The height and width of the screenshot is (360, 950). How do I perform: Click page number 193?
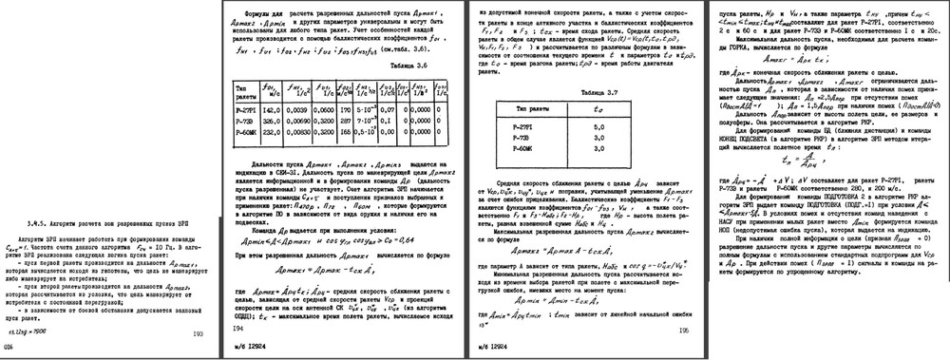click(x=198, y=333)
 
